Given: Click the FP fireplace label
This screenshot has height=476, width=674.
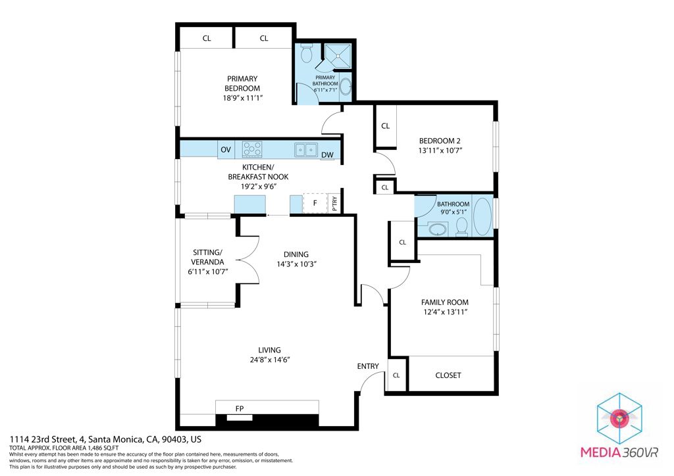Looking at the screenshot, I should [240, 409].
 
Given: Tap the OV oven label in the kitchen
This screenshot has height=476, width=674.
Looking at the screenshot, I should [226, 150].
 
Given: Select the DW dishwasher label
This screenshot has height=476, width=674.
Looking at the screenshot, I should [327, 156].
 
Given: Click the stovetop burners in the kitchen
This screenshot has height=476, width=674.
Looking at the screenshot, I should [252, 150].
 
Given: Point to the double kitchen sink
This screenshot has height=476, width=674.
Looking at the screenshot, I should [306, 150].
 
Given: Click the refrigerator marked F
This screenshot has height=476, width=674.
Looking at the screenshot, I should [315, 203].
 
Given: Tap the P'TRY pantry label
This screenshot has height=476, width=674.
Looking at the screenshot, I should [334, 204].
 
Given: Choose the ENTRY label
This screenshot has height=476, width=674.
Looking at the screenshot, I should [368, 366].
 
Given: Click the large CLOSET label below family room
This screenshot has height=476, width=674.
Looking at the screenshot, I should [448, 375].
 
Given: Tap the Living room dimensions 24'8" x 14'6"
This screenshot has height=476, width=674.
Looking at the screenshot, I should [270, 360].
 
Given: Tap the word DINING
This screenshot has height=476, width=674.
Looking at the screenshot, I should [296, 254].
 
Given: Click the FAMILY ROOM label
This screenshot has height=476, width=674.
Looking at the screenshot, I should [445, 302].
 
